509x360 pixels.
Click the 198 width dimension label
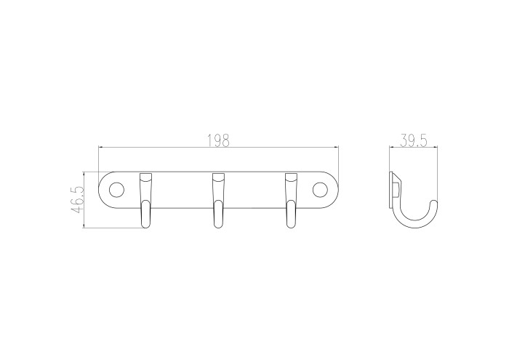pyautogui.click(x=218, y=140)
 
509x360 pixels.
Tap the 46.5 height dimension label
pyautogui.click(x=78, y=200)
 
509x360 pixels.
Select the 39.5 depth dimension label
pyautogui.click(x=413, y=140)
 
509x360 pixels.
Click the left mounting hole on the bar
pyautogui.click(x=116, y=190)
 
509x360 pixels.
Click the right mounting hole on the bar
pyautogui.click(x=320, y=190)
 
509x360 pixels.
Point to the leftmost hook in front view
pyautogui.click(x=145, y=200)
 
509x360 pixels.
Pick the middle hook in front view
pyautogui.click(x=218, y=200)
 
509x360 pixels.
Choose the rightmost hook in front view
pyautogui.click(x=291, y=200)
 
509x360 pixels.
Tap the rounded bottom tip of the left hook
pyautogui.click(x=145, y=225)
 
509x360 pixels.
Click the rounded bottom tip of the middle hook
pyautogui.click(x=218, y=225)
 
